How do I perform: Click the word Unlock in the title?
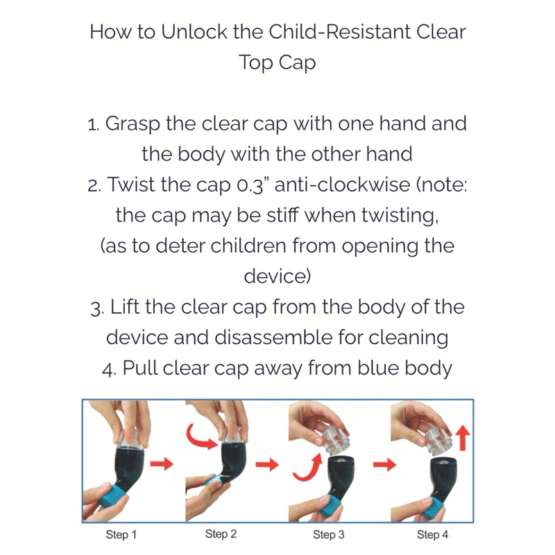point(194,32)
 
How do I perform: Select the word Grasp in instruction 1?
point(133,125)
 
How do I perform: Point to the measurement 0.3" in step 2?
point(250,185)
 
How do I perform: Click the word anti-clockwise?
point(342,185)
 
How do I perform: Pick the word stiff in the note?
point(282,215)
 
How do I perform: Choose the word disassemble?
point(273,337)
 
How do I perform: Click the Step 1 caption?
point(121,535)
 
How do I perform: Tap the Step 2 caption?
point(221,534)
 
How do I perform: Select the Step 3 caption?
point(328,535)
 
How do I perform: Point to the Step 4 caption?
point(432,535)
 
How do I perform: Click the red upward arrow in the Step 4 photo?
point(462,438)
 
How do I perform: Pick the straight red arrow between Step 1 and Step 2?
point(162,464)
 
